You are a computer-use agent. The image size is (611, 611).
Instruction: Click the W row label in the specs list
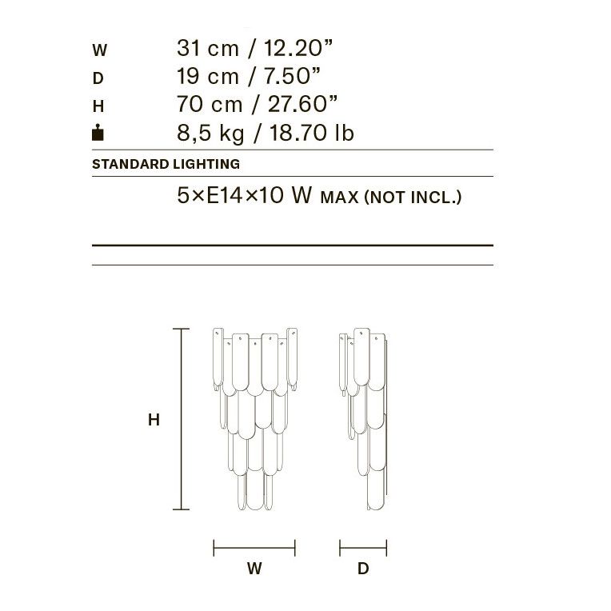pyautogui.click(x=99, y=50)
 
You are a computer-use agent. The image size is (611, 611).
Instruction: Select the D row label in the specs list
pyautogui.click(x=98, y=78)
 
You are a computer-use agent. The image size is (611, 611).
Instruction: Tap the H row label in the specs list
pyautogui.click(x=98, y=106)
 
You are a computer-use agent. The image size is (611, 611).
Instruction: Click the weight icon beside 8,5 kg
pyautogui.click(x=98, y=132)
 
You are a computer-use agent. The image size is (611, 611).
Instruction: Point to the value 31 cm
pyautogui.click(x=208, y=48)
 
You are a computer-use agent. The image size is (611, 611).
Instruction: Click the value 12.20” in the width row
pyautogui.click(x=298, y=48)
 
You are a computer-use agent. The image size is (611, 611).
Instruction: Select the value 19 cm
pyautogui.click(x=208, y=76)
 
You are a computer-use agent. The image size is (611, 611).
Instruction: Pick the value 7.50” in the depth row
pyautogui.click(x=292, y=76)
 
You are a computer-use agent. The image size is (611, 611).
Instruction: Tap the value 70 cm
pyautogui.click(x=210, y=104)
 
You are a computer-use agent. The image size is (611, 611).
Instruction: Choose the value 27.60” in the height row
pyautogui.click(x=302, y=104)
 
